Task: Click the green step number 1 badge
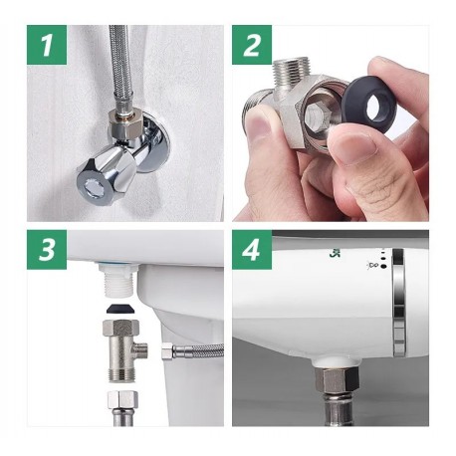point(47,45)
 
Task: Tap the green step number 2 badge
point(252,45)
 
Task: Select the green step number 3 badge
point(47,250)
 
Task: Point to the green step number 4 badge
point(252,250)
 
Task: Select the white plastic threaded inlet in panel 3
point(118,281)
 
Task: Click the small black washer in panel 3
point(119,309)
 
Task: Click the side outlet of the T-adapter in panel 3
point(141,349)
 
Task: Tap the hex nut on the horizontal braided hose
point(167,351)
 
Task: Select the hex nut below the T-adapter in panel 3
point(122,399)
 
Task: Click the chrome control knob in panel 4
point(398,303)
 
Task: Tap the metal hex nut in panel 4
point(337,379)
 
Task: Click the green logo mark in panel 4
point(334,254)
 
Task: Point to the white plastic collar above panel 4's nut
point(337,361)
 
